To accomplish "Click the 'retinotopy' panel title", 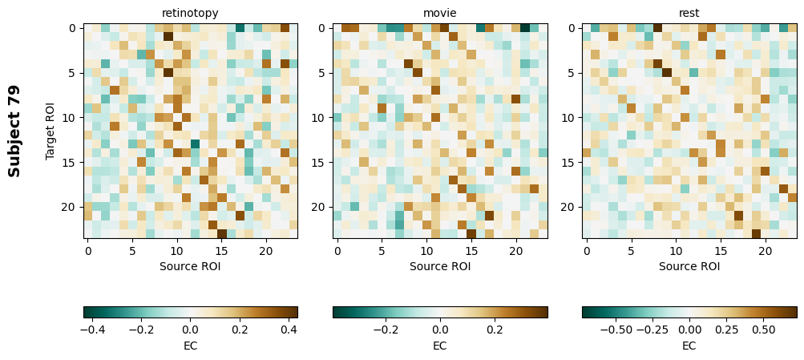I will [190, 13].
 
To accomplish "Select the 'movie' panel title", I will [440, 13].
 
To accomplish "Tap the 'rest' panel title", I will [689, 13].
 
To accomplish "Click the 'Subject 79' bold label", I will [14, 131].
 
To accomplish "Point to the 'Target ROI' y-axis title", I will [51, 131].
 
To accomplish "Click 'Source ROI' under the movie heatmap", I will [440, 266].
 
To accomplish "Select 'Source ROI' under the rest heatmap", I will [689, 266].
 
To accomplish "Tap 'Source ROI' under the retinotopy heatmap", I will [190, 266].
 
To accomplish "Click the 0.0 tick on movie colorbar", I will [440, 329].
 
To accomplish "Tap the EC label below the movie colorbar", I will [440, 346].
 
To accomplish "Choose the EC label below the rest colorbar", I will [689, 346].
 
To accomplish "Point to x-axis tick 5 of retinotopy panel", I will [132, 250].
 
